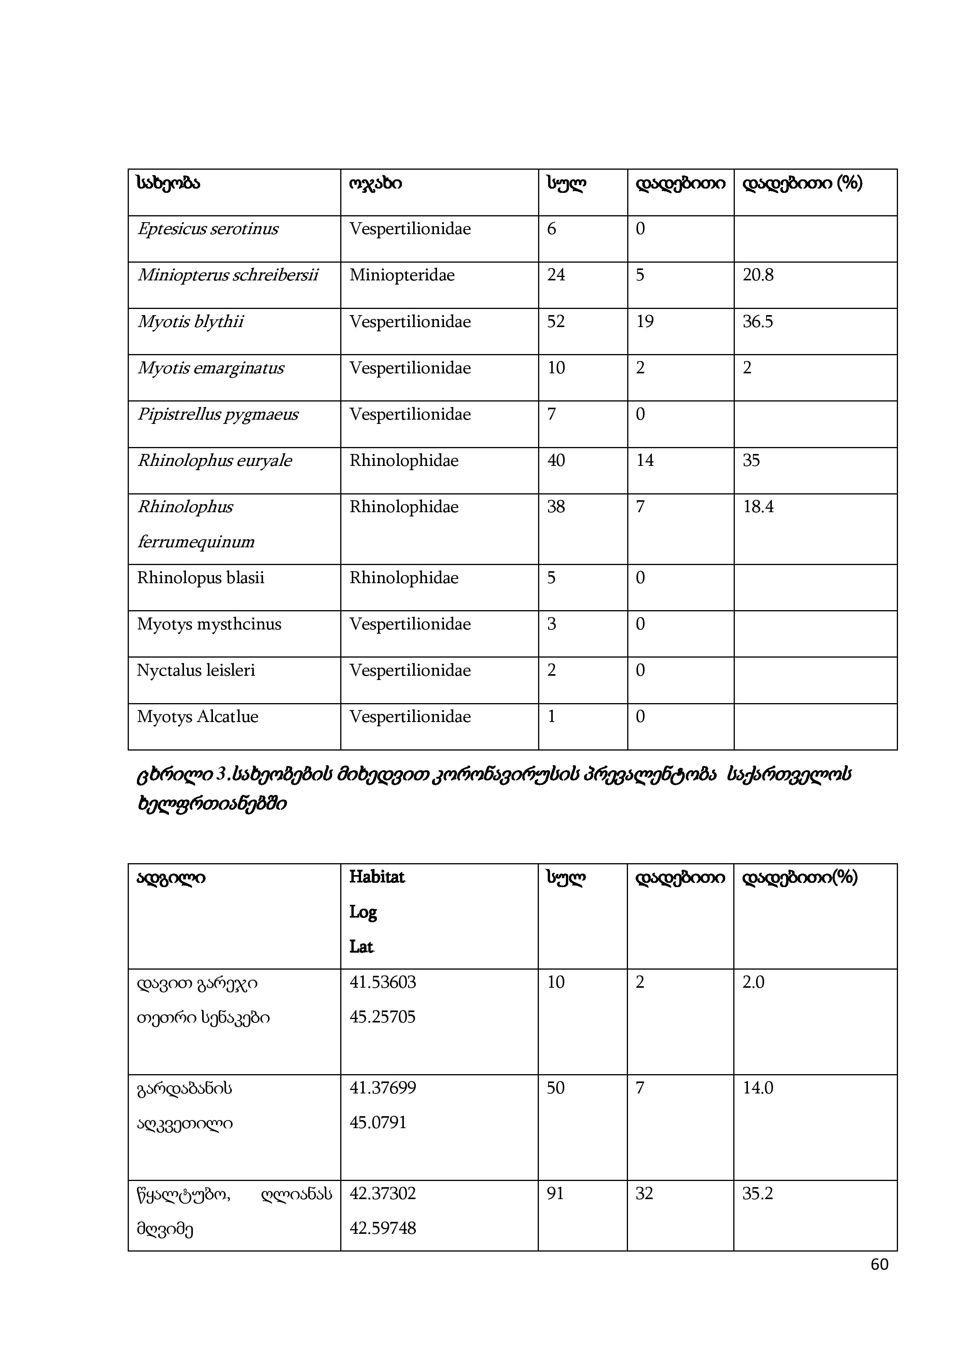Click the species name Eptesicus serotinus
pyautogui.click(x=208, y=229)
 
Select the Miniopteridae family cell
pyautogui.click(x=402, y=275)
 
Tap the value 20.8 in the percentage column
pyautogui.click(x=758, y=275)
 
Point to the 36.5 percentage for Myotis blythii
pyautogui.click(x=758, y=322)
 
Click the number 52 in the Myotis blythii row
pyautogui.click(x=556, y=322)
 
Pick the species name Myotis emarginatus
pyautogui.click(x=210, y=368)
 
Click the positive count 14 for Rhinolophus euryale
pyautogui.click(x=645, y=461)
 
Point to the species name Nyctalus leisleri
pyautogui.click(x=196, y=671)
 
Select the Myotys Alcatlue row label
pyautogui.click(x=197, y=717)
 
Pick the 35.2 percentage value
pyautogui.click(x=758, y=1193)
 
